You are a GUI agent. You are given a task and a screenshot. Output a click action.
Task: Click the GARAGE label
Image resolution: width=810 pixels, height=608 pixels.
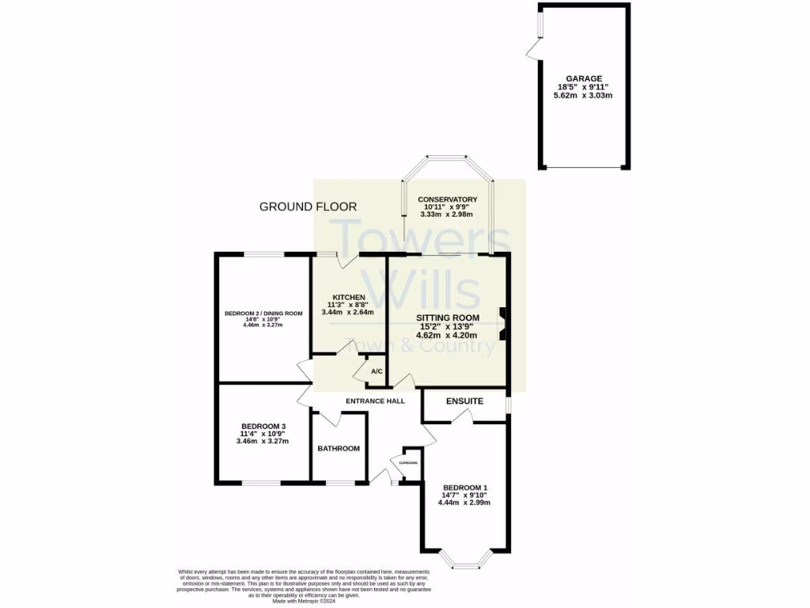pos(584,78)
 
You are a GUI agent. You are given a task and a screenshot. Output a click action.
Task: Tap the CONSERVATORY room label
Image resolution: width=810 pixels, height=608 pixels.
pos(448,199)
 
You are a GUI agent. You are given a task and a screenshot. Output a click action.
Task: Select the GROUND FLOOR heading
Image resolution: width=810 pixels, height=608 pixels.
pos(308,207)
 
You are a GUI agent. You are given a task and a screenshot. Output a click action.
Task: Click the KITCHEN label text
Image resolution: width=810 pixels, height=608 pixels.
pos(348,297)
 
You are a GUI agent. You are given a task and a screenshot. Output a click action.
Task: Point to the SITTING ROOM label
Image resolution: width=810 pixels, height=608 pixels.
pos(449,317)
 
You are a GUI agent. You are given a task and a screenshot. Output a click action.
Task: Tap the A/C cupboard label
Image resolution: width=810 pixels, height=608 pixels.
pos(377,371)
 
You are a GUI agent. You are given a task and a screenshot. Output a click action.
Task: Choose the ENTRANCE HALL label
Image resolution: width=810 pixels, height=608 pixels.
pos(376,401)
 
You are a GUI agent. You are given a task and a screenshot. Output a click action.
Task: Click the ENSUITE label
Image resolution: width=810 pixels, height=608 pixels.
pos(464,401)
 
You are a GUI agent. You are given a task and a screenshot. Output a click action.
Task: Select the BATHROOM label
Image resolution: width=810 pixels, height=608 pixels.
pos(339,448)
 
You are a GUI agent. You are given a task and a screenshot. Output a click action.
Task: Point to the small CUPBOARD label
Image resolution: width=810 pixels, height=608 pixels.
pos(408,462)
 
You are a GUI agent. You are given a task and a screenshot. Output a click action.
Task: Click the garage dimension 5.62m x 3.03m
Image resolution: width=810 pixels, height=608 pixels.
pos(584,95)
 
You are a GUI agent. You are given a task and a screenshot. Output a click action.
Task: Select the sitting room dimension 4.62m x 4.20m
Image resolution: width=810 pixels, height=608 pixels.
pos(449,334)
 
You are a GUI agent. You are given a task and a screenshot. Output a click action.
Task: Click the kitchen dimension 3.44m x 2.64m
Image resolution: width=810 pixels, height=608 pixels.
pos(348,313)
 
